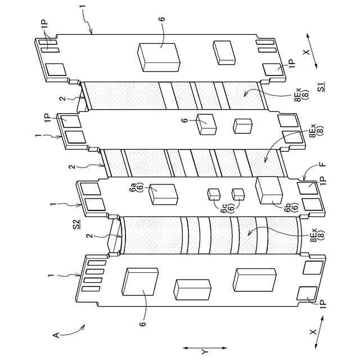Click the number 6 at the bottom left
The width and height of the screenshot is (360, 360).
(x=143, y=323)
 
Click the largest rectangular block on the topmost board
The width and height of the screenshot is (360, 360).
(x=159, y=56)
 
